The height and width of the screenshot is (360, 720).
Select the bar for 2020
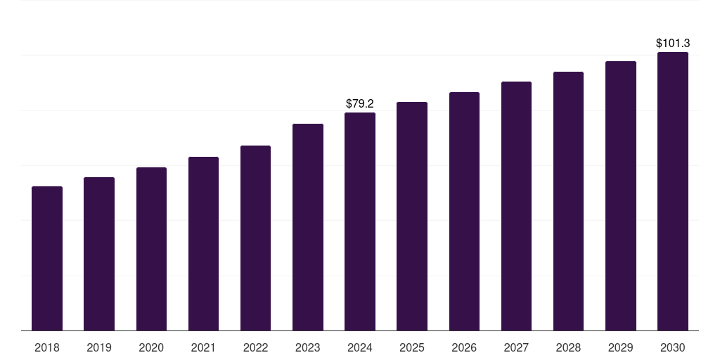tap(151, 249)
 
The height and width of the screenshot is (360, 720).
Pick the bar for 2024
tap(360, 221)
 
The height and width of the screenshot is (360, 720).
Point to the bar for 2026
tap(464, 211)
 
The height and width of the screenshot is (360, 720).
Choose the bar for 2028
tap(568, 201)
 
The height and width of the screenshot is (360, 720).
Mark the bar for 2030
tap(673, 191)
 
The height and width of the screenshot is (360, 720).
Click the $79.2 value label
tap(360, 103)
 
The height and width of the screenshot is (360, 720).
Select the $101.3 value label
tap(673, 44)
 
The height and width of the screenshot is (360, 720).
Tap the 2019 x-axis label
tap(99, 347)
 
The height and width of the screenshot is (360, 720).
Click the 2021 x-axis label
tap(203, 347)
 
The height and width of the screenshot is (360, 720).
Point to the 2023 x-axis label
tap(308, 347)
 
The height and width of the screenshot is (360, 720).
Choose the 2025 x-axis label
tap(412, 347)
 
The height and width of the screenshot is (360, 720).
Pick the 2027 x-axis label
tap(516, 347)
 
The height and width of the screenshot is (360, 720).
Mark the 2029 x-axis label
tap(621, 347)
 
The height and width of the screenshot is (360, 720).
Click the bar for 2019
tap(99, 254)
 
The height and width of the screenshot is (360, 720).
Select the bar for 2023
tap(308, 227)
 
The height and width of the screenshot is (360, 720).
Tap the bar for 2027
tap(516, 206)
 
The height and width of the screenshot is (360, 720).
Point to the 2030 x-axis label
tap(673, 347)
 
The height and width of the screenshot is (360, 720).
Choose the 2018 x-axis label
tap(47, 347)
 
